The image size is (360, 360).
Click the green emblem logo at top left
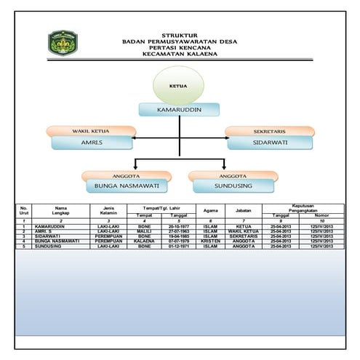point(64,44)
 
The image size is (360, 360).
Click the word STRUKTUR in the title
point(180,35)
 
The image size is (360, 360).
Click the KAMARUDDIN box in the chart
point(179,109)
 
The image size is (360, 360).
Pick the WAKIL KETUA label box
point(90,131)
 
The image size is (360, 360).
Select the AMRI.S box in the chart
point(93,143)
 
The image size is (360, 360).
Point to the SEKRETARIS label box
point(270,131)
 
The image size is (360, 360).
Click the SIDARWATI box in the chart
point(270,143)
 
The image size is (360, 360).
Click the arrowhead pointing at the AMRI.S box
point(136,137)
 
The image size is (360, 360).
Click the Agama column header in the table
point(210,211)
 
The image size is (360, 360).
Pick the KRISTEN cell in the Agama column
point(210,241)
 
